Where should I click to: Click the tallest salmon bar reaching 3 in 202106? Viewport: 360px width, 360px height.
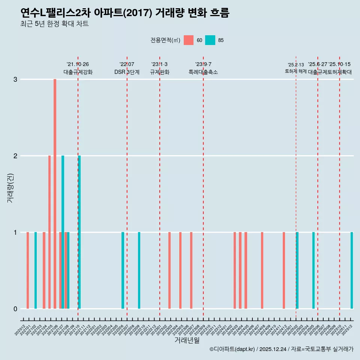pos(55,194)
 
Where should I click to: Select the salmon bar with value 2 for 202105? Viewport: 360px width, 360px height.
pos(49,232)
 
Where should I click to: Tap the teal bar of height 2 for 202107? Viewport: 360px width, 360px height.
pos(63,232)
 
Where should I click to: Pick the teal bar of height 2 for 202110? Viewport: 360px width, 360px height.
pos(79,232)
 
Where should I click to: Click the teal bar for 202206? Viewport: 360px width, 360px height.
pos(123,270)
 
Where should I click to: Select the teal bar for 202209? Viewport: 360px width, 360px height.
pos(139,270)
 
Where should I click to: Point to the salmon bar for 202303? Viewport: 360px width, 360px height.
pos(169,270)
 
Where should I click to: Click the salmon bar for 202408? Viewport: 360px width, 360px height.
pos(262,270)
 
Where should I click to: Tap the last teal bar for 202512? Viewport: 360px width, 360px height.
pos(352,270)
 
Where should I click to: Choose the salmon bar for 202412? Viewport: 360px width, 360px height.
pos(284,270)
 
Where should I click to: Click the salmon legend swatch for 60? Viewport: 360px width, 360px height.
pos(189,40)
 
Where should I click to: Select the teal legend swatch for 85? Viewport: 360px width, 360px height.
pos(210,40)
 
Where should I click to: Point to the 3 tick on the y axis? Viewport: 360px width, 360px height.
pos(15,79)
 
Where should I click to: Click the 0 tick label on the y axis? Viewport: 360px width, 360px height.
pos(15,309)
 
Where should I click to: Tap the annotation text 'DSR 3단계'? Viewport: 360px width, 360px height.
pos(127,72)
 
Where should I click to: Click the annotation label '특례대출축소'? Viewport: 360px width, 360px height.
pos(203,72)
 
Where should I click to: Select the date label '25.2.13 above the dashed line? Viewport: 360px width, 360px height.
pos(296,65)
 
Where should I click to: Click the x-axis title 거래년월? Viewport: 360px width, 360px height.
pos(187,340)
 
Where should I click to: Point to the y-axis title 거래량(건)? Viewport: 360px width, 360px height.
pos(10,187)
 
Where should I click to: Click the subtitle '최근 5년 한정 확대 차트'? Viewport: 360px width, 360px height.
pos(55,24)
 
